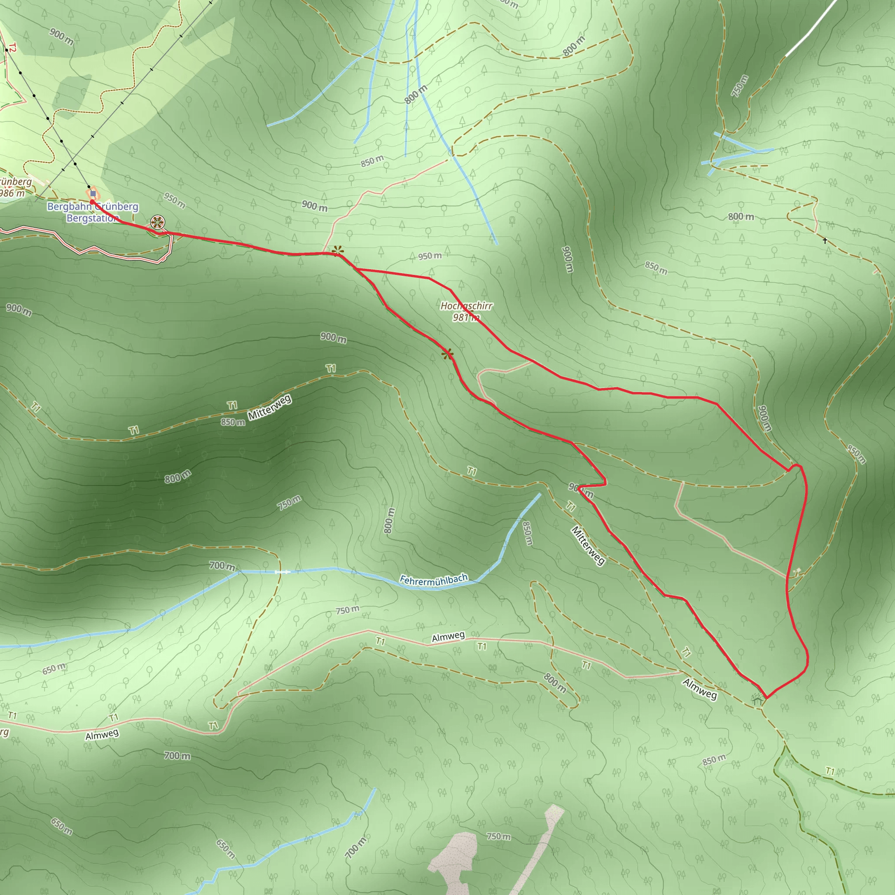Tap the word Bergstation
tap(92, 218)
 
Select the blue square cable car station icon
tap(93, 194)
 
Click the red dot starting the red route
tap(92, 202)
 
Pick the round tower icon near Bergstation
tap(157, 222)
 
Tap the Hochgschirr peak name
tap(466, 306)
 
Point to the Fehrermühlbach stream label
tap(434, 579)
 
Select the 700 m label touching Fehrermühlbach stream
tap(222, 565)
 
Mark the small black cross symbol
tap(825, 240)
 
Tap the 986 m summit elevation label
tap(12, 193)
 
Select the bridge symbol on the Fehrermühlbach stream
tap(282, 572)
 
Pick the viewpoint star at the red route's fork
tap(338, 251)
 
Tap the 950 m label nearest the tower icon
tap(175, 201)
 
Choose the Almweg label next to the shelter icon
tap(700, 688)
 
